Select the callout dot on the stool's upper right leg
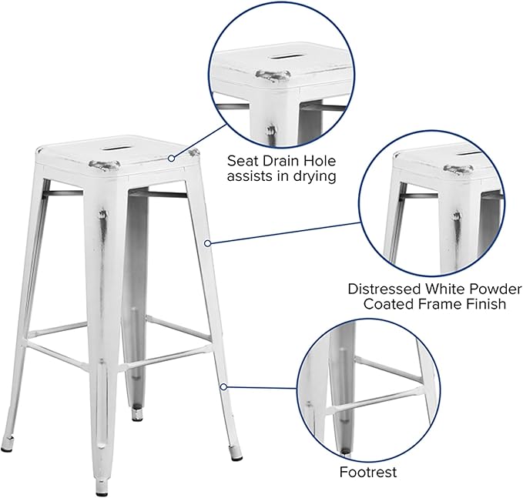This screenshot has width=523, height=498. [207, 243]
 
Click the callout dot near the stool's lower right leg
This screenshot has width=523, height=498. [223, 386]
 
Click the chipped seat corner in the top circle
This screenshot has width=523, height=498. [273, 75]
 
